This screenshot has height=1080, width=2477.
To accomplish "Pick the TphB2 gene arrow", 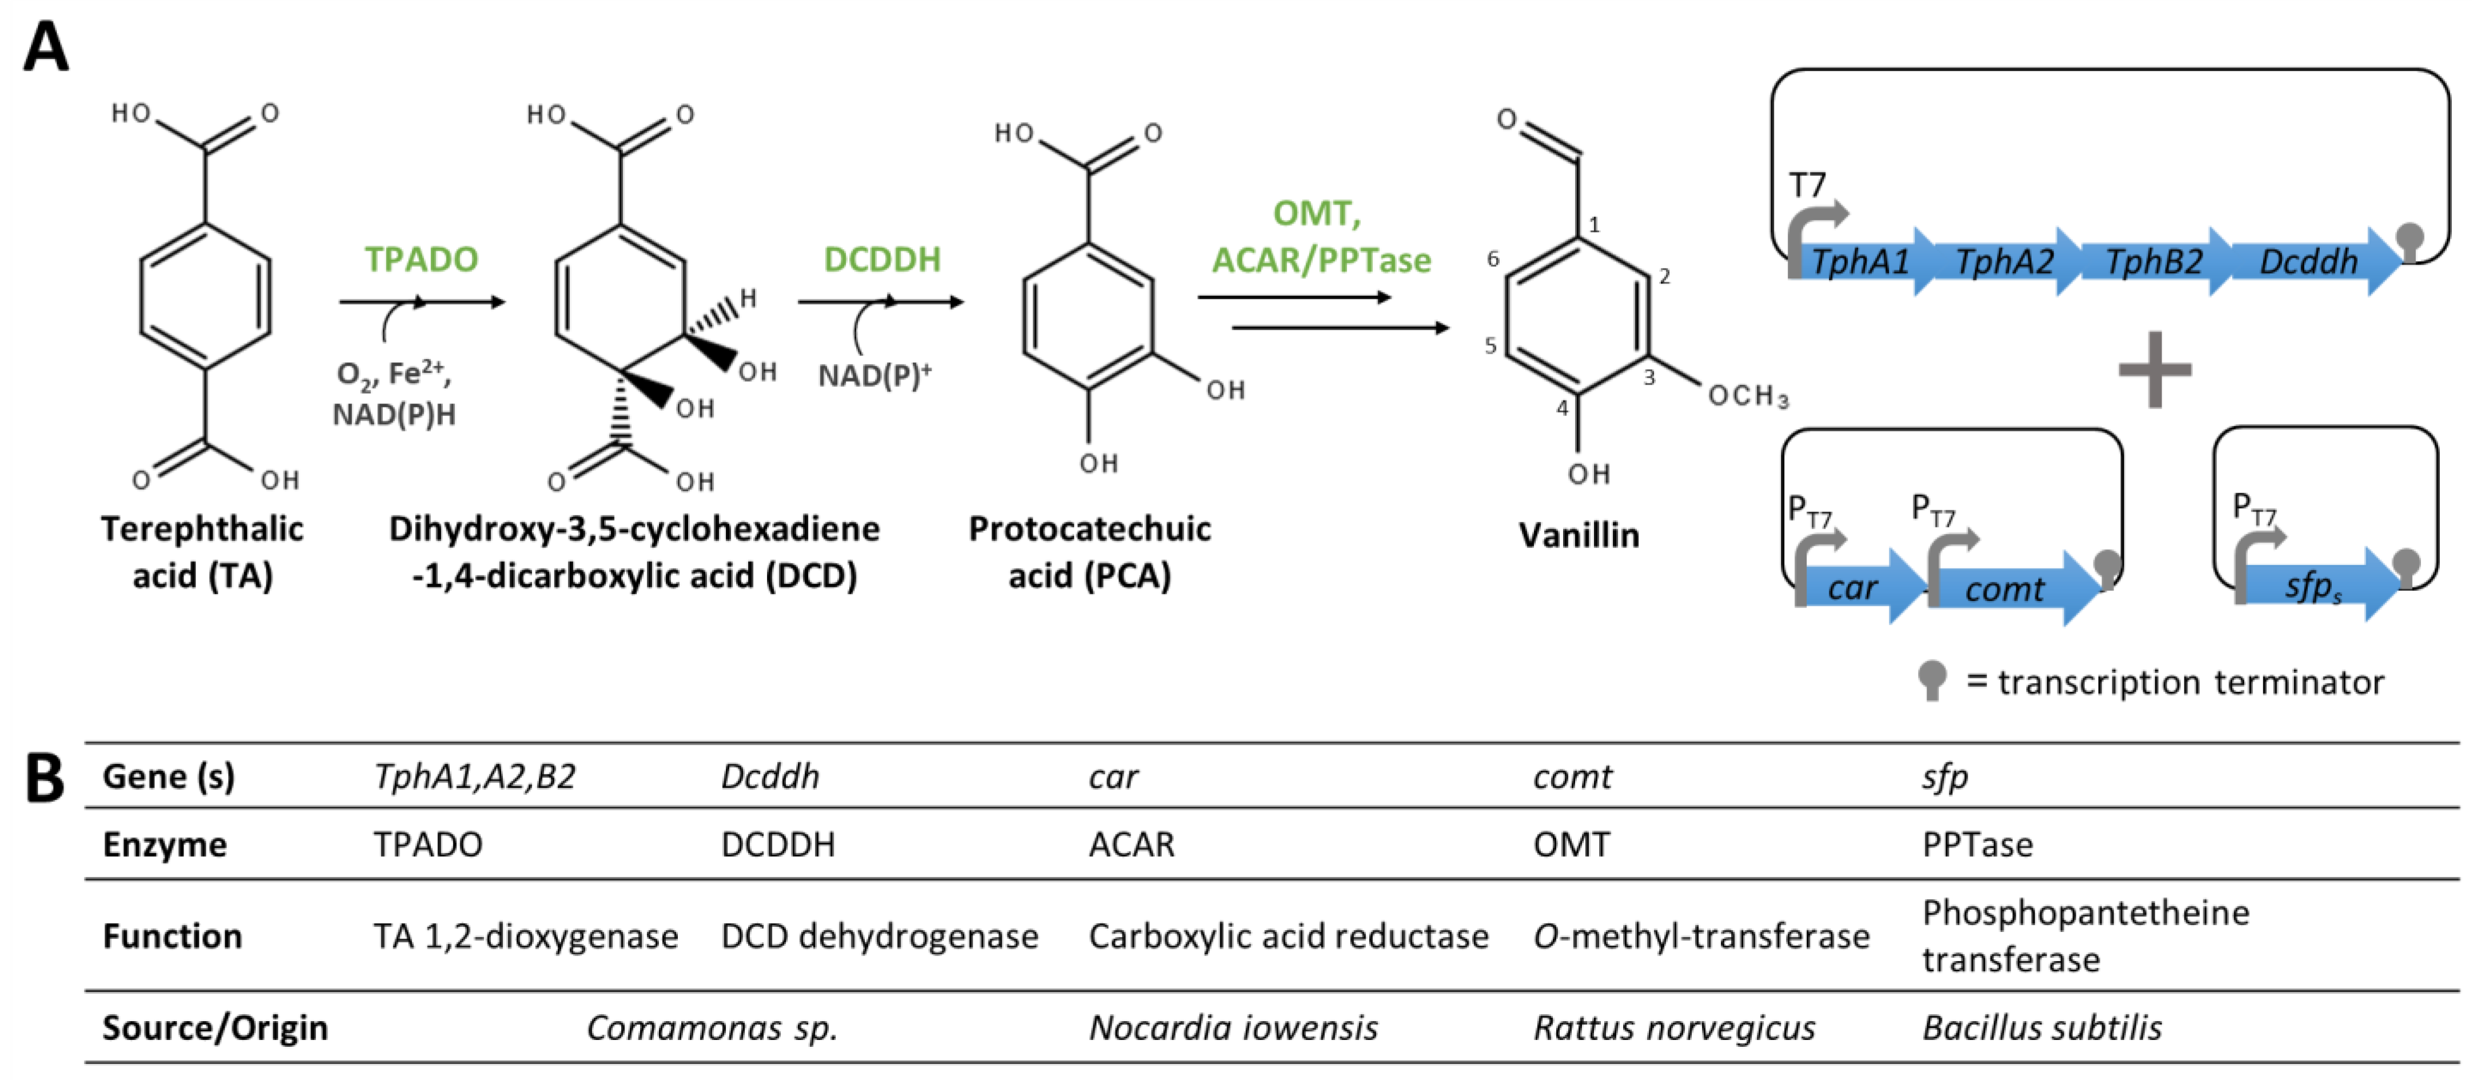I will (2154, 262).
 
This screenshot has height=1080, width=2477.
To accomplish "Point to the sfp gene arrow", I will (2312, 585).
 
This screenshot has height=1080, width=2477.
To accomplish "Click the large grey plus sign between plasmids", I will (2155, 369).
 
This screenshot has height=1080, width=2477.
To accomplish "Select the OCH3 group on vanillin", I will (1747, 395).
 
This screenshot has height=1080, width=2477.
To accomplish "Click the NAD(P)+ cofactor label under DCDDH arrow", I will (873, 375).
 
